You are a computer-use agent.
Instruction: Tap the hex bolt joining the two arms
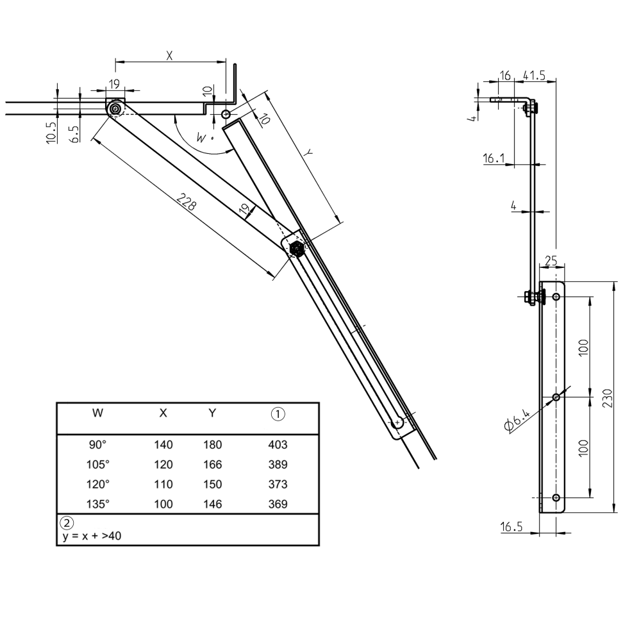click(296, 248)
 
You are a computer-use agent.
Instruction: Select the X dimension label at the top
click(169, 56)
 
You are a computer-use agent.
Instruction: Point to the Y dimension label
click(308, 154)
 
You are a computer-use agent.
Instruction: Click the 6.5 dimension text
click(74, 134)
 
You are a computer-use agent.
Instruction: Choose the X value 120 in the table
click(163, 464)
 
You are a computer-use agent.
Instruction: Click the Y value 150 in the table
click(212, 484)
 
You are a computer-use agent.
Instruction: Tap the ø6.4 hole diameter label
click(517, 420)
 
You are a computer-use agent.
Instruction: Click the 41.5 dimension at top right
click(534, 76)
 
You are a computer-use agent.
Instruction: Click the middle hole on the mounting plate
click(556, 397)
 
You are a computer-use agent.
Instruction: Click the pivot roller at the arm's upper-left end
click(115, 110)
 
